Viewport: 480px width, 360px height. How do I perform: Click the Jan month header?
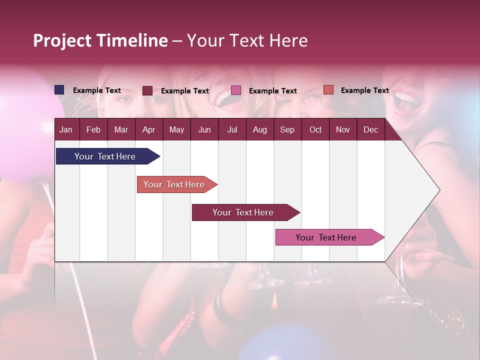pyautogui.click(x=66, y=129)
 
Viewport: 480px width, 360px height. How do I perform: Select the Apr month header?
pyautogui.click(x=148, y=129)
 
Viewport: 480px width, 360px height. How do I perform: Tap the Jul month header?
pyautogui.click(x=232, y=129)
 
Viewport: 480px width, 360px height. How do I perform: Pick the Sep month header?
pyautogui.click(x=287, y=129)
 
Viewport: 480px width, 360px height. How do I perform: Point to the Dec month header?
pyautogui.click(x=370, y=129)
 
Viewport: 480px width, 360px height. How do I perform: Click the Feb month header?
pyautogui.click(x=93, y=129)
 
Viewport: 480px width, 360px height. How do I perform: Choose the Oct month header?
pyautogui.click(x=315, y=129)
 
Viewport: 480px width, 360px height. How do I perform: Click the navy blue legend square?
pyautogui.click(x=59, y=90)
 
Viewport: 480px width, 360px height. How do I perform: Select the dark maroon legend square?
pyautogui.click(x=147, y=90)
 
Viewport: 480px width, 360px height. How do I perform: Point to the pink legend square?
pyautogui.click(x=236, y=90)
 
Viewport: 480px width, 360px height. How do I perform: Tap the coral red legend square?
pyautogui.click(x=328, y=90)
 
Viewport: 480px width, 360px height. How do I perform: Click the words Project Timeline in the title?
pyautogui.click(x=100, y=40)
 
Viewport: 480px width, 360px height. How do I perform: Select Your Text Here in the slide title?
pyautogui.click(x=247, y=40)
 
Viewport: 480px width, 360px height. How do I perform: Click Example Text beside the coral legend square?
pyautogui.click(x=364, y=90)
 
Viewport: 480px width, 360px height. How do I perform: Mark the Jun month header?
pyautogui.click(x=204, y=129)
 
